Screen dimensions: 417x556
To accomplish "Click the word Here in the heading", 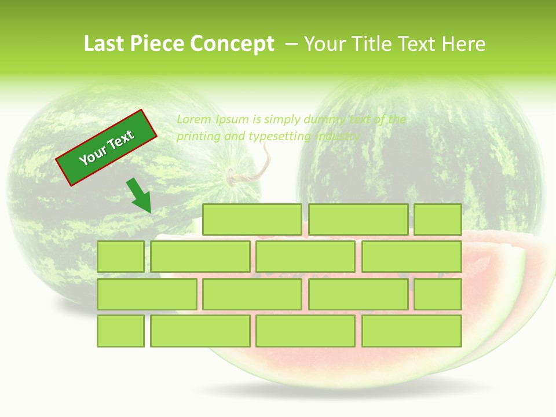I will coord(463,44).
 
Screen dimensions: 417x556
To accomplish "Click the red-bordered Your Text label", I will coord(107,148).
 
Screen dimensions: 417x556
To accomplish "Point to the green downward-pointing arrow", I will coord(139,196).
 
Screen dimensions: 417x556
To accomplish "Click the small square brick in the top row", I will coord(438,220).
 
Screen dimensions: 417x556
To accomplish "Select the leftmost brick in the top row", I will coord(252,220).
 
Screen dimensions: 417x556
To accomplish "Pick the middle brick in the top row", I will coord(358,220).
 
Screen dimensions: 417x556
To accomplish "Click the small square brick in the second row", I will coord(120,257).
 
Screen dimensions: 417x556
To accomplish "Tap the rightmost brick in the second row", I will coord(412,257).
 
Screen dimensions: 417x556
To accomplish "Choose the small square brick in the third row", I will coord(438,294).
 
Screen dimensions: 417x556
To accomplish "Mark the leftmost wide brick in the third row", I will coord(147,294).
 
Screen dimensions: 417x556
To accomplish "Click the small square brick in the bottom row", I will coord(120,331).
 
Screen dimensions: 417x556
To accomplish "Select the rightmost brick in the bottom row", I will coord(412,331).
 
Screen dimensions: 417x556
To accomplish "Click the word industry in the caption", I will coord(338,137).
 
